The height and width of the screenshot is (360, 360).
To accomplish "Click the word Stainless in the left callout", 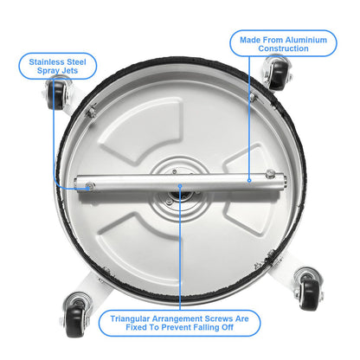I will (42, 62).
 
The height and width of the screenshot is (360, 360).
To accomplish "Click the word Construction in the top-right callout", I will (283, 49).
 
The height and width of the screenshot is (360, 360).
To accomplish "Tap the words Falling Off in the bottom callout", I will (220, 331).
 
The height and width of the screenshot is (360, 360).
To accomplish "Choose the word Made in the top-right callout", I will (251, 37).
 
